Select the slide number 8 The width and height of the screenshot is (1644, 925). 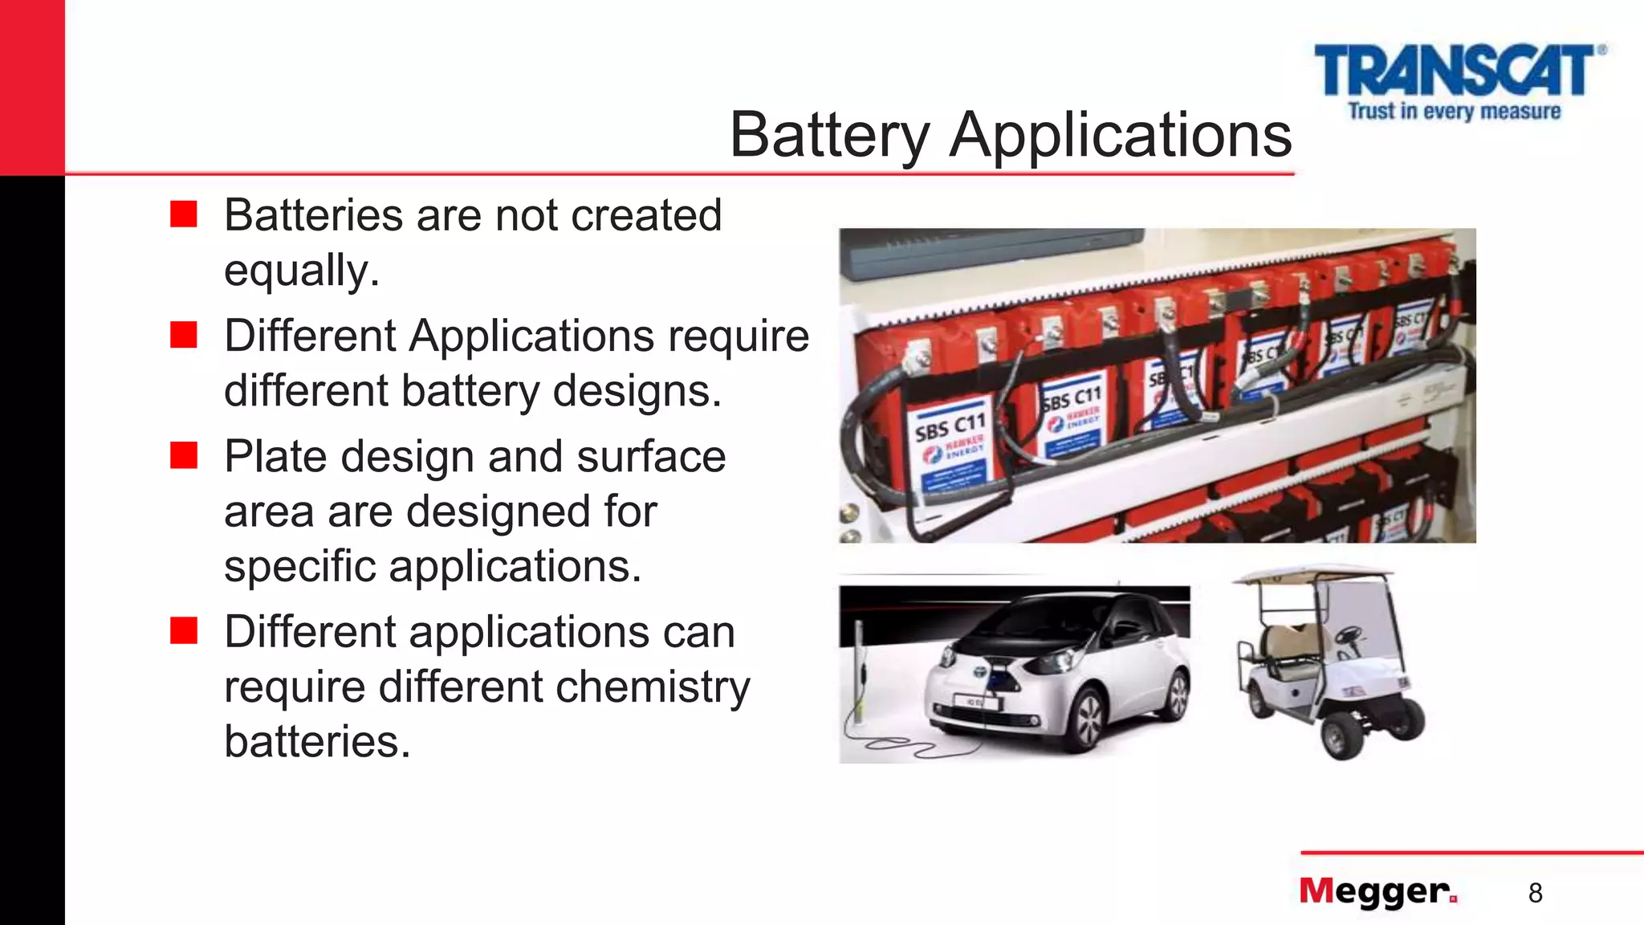[x=1535, y=893]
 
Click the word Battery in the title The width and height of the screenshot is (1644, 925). [x=829, y=135]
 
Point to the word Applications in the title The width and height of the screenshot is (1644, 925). [x=1121, y=135]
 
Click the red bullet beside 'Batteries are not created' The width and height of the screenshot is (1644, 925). [x=184, y=214]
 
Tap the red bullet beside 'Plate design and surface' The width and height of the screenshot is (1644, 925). [x=184, y=455]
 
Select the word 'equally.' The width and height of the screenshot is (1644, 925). [x=301, y=270]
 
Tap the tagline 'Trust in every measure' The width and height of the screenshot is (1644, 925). [x=1454, y=111]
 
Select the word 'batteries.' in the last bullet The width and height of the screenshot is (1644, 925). [x=317, y=741]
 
